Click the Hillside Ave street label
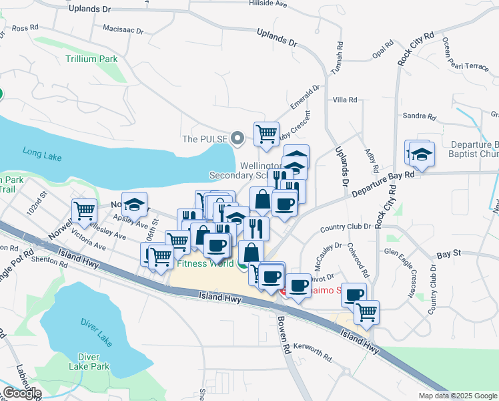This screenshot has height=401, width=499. (268, 3)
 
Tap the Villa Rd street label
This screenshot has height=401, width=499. (345, 100)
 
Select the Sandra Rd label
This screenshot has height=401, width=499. (419, 116)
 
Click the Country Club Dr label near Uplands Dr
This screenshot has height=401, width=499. (345, 227)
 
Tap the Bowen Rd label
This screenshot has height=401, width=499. (284, 335)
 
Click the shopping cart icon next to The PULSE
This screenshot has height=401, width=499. (266, 134)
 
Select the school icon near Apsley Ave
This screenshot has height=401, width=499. (135, 205)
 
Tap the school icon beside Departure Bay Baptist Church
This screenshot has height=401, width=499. (421, 153)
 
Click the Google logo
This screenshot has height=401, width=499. (21, 393)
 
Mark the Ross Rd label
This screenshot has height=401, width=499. (25, 28)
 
